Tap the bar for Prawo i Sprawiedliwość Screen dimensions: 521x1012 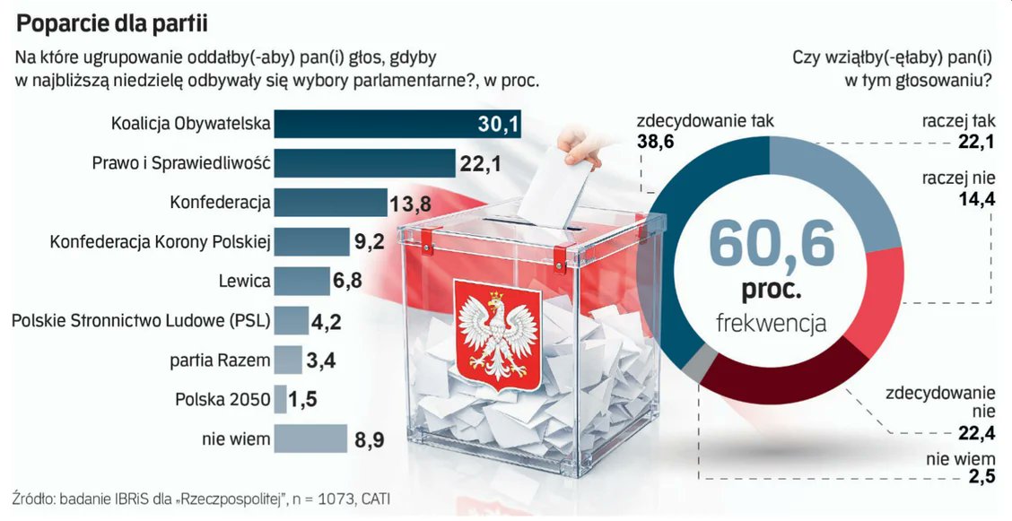364,162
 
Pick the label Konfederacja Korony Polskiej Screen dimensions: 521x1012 160,241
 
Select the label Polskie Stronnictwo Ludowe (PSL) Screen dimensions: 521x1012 140,320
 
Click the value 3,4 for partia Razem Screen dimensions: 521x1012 321,361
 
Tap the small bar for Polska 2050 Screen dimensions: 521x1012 280,399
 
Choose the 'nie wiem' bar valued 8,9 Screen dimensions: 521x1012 310,439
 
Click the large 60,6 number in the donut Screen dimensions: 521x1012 771,244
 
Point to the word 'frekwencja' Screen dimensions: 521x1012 771,323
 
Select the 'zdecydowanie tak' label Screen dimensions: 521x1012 704,121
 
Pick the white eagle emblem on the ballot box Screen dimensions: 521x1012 498,334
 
